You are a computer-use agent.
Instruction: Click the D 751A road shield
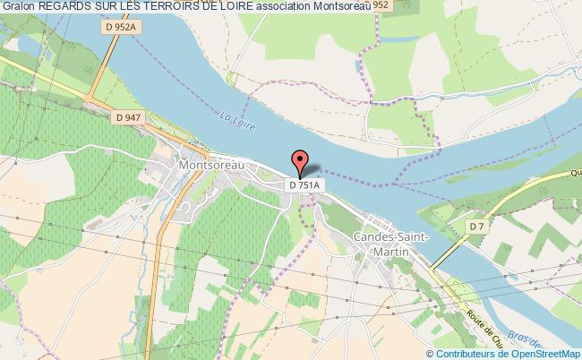tap(303, 184)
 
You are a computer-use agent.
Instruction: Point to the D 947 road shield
tap(130, 117)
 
